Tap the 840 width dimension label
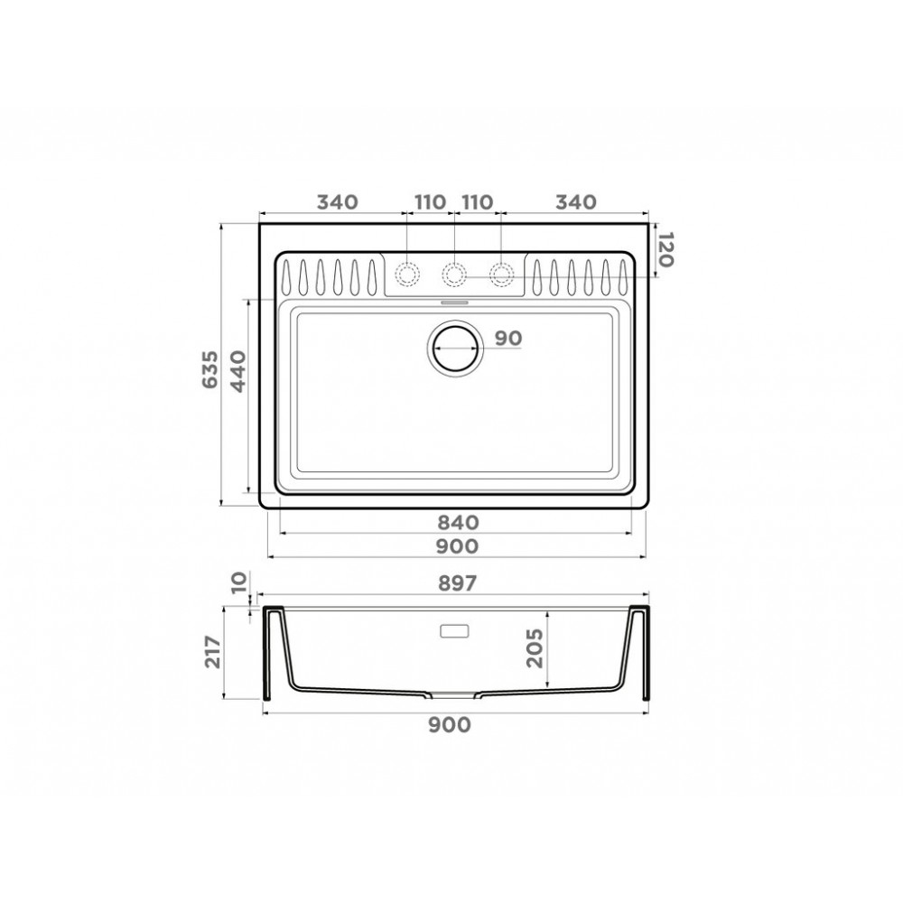pyautogui.click(x=458, y=522)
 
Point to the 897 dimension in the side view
pyautogui.click(x=457, y=584)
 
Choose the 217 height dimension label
pyautogui.click(x=212, y=652)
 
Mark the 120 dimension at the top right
pyautogui.click(x=666, y=249)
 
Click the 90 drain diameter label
pyautogui.click(x=508, y=338)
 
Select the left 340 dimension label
pyautogui.click(x=338, y=201)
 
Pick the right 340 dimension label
pyautogui.click(x=575, y=201)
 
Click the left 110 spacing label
pyautogui.click(x=430, y=201)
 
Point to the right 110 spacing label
pyautogui.click(x=478, y=201)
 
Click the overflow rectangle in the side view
pyautogui.click(x=453, y=631)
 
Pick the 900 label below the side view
pyautogui.click(x=451, y=725)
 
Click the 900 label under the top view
pyautogui.click(x=458, y=546)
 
